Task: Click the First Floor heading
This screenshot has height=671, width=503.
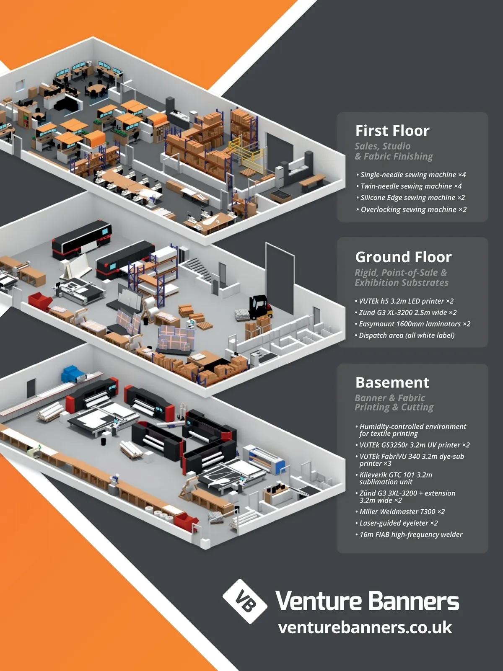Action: pos(392,131)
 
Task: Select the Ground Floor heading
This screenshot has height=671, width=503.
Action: pos(403,257)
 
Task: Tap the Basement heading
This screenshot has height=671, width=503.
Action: pos(392,382)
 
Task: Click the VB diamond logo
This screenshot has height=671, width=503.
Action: pos(245,601)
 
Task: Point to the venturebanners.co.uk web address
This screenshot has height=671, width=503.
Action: pos(365,627)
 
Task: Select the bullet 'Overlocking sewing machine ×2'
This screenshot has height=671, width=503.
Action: pos(412,209)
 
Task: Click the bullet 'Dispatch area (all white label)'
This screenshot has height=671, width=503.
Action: pos(404,335)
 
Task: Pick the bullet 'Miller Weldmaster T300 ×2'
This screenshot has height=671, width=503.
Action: pos(400,511)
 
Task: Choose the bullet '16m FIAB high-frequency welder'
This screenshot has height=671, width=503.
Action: pos(409,534)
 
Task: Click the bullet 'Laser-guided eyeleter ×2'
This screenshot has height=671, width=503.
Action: pos(397,523)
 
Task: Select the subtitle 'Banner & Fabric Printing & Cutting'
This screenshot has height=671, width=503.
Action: pos(394,403)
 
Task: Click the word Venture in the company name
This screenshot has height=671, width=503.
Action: pos(319,601)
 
